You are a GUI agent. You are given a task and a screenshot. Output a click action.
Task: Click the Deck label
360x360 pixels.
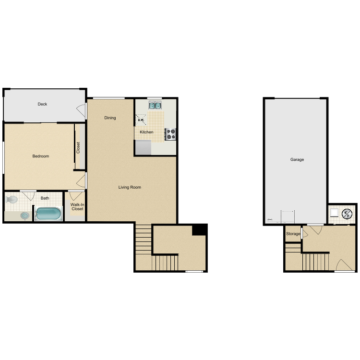(x=43, y=104)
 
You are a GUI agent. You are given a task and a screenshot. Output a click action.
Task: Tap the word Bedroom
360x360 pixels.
(x=41, y=156)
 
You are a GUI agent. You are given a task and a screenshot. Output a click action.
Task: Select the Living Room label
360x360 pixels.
(x=130, y=187)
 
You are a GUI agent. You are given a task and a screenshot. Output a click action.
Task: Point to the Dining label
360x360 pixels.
(x=110, y=118)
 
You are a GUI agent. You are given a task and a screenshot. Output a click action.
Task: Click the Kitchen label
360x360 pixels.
(x=146, y=132)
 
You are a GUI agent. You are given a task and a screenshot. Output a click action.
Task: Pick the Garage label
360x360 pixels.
(x=297, y=159)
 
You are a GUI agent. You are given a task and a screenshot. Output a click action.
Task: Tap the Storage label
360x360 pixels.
(x=293, y=234)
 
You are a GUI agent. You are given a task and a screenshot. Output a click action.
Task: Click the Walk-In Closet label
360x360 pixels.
(x=77, y=207)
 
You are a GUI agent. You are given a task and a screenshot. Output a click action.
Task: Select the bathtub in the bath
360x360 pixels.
(x=48, y=214)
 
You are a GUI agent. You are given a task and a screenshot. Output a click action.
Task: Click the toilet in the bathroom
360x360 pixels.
(x=12, y=199)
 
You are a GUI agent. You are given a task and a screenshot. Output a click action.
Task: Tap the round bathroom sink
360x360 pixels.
(x=24, y=216)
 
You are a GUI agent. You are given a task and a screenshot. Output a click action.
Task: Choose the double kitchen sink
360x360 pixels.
(x=155, y=106)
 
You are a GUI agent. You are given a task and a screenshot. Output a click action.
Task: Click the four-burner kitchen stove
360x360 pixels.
(x=170, y=134)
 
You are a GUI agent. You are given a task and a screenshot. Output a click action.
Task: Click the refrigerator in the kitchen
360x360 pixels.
(x=143, y=148)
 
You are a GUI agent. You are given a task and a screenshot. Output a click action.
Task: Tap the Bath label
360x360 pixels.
(x=45, y=198)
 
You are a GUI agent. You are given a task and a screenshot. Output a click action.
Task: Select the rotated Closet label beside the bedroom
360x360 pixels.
(x=78, y=147)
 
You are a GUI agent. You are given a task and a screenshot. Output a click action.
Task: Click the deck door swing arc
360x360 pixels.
(x=81, y=110)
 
